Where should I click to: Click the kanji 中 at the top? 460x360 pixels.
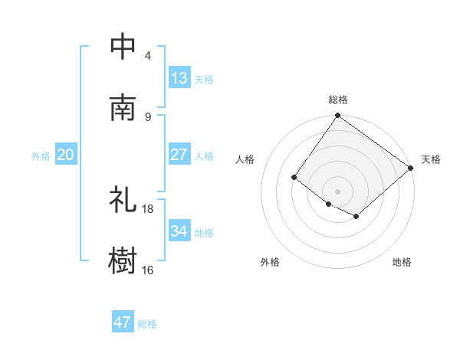[x=123, y=46]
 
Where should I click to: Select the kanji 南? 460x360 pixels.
[x=123, y=106]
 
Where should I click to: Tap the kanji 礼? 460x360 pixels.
[x=123, y=199]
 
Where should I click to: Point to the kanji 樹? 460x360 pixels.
[x=123, y=260]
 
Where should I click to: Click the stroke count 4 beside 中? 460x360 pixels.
[x=148, y=56]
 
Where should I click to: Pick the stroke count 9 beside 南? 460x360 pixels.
[x=148, y=116]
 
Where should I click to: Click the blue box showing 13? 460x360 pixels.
[x=179, y=78]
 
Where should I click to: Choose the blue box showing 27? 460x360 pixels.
[x=179, y=155]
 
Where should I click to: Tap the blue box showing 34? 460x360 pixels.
[x=179, y=231]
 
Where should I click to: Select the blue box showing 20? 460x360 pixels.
[x=66, y=155]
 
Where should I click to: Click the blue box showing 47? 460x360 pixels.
[x=123, y=322]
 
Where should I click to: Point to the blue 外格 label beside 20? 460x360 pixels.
[x=41, y=156]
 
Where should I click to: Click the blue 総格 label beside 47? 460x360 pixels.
[x=147, y=324]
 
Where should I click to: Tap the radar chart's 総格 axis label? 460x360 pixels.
[x=338, y=100]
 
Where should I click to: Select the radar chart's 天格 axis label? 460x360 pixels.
[x=431, y=159]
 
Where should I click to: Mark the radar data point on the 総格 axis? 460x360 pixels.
[x=338, y=116]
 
